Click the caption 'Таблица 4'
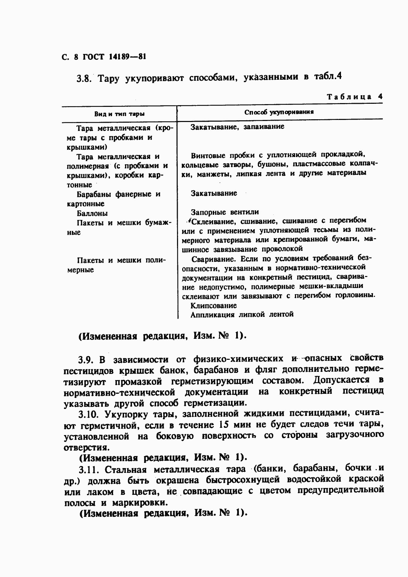(354, 97)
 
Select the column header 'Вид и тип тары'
(119, 114)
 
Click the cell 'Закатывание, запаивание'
(237, 127)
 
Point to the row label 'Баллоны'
(92, 213)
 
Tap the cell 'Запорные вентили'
(225, 212)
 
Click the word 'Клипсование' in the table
(214, 306)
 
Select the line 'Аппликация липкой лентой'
(242, 314)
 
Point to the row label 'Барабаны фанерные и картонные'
(113, 199)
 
